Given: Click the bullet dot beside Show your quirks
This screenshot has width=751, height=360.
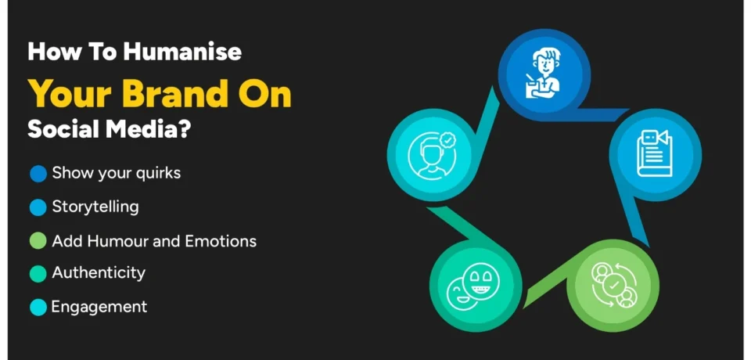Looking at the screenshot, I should [x=38, y=174].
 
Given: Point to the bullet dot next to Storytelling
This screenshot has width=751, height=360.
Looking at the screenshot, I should [x=38, y=207].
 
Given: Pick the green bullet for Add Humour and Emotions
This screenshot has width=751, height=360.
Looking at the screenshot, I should [x=38, y=241].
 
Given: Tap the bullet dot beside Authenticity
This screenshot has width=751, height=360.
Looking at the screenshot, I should [x=38, y=274].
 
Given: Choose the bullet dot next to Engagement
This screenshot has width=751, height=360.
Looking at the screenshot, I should [x=38, y=308].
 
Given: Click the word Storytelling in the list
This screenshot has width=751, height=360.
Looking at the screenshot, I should [x=95, y=207].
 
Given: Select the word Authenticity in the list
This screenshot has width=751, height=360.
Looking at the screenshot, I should [x=99, y=273].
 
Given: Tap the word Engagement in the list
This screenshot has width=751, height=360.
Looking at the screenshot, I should [x=99, y=307].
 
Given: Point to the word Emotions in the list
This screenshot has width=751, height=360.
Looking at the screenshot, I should [x=221, y=241].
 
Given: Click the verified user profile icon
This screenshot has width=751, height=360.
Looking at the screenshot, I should [x=433, y=153].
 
